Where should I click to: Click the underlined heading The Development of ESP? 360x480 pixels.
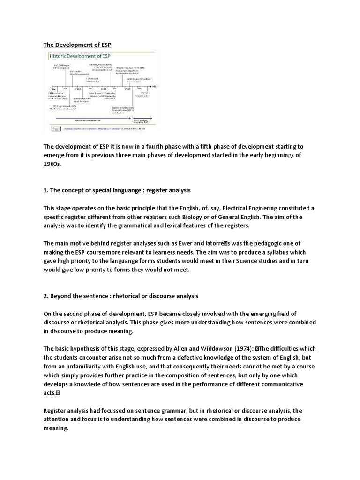(x=78, y=45)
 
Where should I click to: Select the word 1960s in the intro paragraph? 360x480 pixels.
(x=53, y=165)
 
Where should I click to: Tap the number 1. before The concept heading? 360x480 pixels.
(x=46, y=191)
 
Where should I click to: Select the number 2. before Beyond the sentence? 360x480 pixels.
(x=46, y=296)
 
